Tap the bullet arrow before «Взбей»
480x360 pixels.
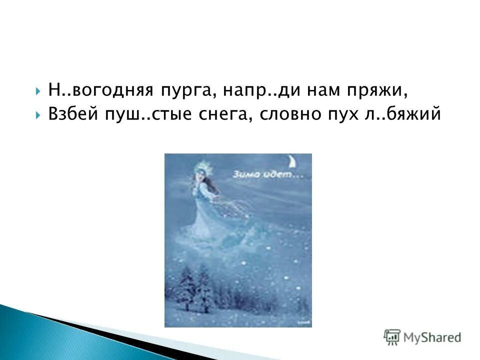click(38, 114)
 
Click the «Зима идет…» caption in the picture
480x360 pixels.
click(266, 175)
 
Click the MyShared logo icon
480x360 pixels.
click(392, 336)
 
